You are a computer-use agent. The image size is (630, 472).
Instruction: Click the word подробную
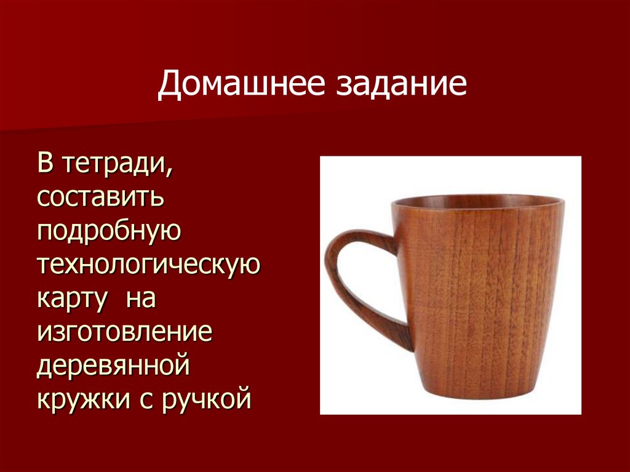108,232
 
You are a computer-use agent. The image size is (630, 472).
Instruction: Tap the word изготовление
124,333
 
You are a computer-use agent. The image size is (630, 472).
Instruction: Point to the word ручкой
207,401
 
